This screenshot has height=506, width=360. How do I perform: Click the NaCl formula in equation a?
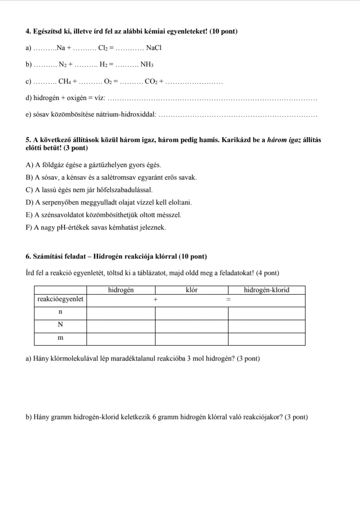[153, 48]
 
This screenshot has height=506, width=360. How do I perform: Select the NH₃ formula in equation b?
[147, 65]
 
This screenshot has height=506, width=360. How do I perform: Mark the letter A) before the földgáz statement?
[29, 165]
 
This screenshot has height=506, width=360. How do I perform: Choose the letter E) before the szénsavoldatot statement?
[29, 215]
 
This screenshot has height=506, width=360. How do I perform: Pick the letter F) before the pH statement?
[29, 227]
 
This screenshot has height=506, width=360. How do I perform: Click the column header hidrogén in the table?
[121, 290]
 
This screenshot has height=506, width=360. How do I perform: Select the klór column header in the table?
[191, 290]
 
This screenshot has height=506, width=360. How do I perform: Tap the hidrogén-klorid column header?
[266, 290]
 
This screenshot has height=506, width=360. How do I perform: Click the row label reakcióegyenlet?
[60, 299]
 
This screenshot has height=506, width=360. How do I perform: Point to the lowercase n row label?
[60, 312]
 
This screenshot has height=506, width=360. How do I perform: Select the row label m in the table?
[60, 339]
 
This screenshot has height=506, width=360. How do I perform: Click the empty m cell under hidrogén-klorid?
[266, 339]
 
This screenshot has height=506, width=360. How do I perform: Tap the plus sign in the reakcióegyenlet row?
[155, 299]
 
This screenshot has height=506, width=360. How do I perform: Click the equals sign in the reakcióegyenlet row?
[228, 299]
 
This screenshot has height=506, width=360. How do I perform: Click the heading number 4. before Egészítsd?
[28, 32]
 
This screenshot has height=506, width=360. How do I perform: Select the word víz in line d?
[99, 99]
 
